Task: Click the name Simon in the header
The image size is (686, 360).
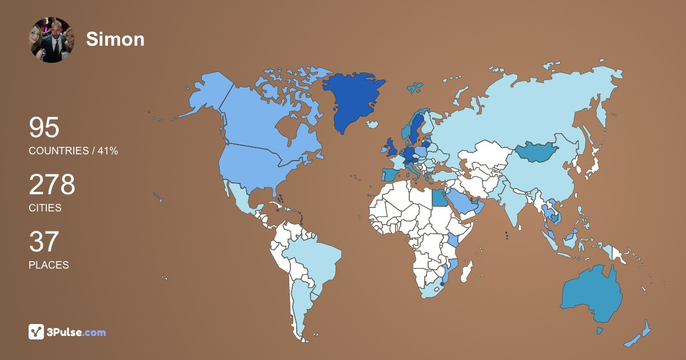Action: pos(115,39)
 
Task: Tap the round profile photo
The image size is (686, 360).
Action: pos(51,39)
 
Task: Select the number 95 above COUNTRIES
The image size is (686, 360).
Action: pos(44,128)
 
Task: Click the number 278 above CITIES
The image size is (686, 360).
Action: pos(52,185)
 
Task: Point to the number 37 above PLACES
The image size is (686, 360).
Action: pos(44,242)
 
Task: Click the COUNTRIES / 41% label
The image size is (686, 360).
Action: pos(73,151)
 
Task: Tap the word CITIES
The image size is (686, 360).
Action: pos(45,208)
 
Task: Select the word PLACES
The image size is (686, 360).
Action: pos(49,265)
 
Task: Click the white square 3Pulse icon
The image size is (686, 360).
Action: pos(37,332)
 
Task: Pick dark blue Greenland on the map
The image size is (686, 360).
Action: pos(349,100)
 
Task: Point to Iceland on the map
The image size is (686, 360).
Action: pos(372,124)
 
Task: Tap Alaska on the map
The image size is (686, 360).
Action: pos(206,94)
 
